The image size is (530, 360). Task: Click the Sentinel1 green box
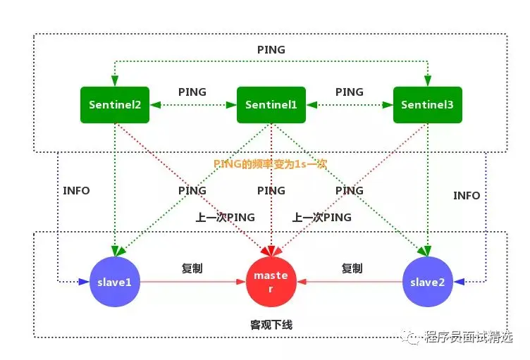(x=271, y=105)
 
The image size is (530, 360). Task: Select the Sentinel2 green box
(x=115, y=105)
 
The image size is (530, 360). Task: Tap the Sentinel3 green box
(x=428, y=105)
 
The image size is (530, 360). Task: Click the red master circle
(x=271, y=281)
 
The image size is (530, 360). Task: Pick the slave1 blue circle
(x=115, y=282)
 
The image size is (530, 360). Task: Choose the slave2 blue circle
(x=428, y=282)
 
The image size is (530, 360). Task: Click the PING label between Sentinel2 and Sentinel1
(x=192, y=92)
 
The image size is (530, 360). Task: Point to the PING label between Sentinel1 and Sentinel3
(x=350, y=92)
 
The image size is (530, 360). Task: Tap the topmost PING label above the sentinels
(x=271, y=50)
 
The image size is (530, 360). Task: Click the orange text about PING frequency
(x=271, y=163)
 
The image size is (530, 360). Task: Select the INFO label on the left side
(x=76, y=190)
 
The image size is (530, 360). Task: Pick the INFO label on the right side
(x=467, y=195)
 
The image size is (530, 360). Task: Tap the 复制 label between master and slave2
(x=352, y=268)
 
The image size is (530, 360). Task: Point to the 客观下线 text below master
(x=271, y=325)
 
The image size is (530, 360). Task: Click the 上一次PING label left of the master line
(x=226, y=218)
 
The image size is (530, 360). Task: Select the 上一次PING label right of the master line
(x=322, y=218)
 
